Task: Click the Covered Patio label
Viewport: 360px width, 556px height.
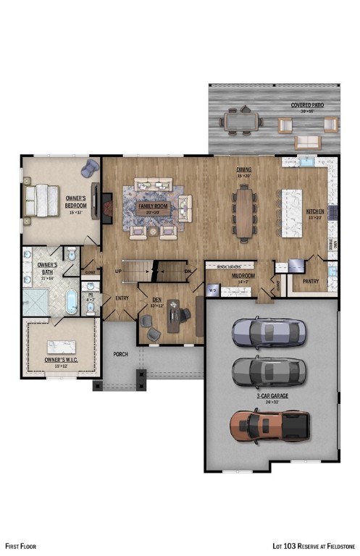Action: point(307,105)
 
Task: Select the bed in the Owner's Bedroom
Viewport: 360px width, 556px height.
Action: point(41,200)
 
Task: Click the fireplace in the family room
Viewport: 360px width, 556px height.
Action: point(106,206)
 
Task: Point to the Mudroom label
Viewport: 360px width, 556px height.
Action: point(243,276)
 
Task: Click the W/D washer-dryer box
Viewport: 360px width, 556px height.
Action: point(213,290)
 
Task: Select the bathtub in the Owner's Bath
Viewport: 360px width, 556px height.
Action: point(72,302)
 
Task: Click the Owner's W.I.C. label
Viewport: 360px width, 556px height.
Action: point(62,359)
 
